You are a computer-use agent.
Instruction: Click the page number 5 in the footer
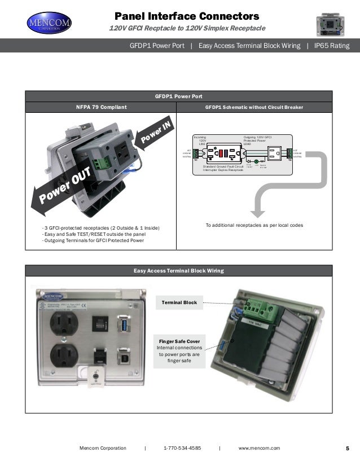[x=347, y=448]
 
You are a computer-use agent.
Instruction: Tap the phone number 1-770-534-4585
[x=182, y=448]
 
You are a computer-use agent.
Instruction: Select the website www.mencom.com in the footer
[x=259, y=448]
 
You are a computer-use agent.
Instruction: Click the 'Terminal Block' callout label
[x=179, y=303]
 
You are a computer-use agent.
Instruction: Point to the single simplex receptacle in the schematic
[x=277, y=152]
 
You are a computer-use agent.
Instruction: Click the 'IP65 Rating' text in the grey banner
[x=331, y=46]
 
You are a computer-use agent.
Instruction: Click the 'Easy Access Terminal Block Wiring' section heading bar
[x=179, y=271]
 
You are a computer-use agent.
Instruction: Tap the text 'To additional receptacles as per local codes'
[x=254, y=225]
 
